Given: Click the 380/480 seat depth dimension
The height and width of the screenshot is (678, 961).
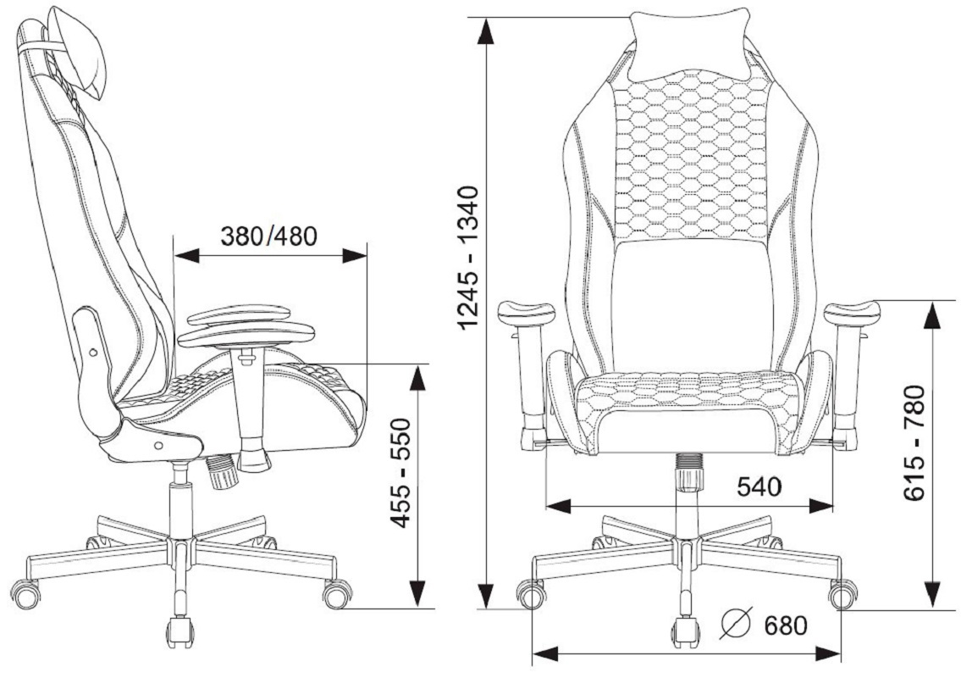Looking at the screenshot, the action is pos(269,236).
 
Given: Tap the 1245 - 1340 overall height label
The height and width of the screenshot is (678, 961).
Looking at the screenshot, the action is pos(469,257).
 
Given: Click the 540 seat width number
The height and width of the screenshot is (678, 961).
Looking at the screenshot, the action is pos(759,486).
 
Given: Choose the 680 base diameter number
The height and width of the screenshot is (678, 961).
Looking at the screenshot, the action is pos(786,625).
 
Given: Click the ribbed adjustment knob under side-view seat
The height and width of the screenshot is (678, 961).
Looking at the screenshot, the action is pos(221,470).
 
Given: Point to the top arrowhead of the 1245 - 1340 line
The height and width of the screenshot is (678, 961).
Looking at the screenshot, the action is pos(485,31).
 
